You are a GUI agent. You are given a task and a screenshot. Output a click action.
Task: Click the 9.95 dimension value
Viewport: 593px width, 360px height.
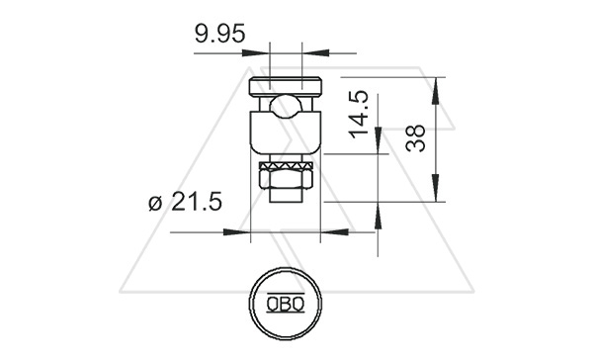pos(220,34)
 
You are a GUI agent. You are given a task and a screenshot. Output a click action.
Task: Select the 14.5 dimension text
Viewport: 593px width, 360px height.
pos(358,115)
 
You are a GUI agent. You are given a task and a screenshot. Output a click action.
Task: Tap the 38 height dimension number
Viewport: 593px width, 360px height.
pos(415,138)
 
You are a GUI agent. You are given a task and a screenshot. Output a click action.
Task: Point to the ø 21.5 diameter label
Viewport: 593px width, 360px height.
pos(186,202)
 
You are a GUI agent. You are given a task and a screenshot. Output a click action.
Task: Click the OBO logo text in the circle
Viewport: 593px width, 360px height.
pos(286,304)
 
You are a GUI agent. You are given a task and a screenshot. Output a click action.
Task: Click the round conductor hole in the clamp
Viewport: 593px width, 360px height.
pos(286,107)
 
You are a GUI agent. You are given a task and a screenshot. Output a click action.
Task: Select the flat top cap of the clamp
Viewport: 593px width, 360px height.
pos(286,86)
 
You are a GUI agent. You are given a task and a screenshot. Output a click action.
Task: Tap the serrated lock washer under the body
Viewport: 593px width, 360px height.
pos(286,165)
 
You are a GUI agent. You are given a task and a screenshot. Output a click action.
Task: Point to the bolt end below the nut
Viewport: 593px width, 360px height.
pos(286,196)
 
